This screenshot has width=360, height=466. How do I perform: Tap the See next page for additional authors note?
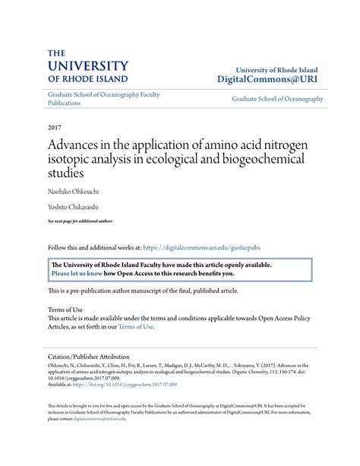(x=80, y=220)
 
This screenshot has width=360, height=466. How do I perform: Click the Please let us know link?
(x=77, y=274)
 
